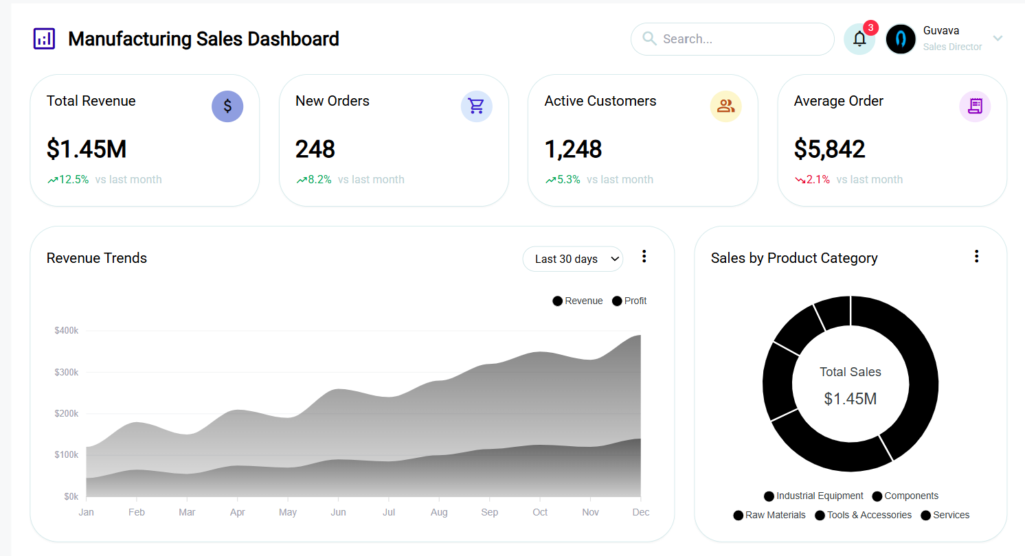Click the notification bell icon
click(859, 39)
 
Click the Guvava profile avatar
click(901, 39)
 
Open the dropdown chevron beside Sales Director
click(998, 38)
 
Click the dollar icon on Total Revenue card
click(227, 106)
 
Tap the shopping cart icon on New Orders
click(476, 106)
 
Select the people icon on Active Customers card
click(725, 106)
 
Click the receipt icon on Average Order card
click(975, 106)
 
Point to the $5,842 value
click(829, 149)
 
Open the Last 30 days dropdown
click(573, 259)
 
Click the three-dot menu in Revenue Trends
click(644, 257)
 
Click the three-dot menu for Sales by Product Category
click(976, 257)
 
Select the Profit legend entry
click(629, 301)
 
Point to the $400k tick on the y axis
click(67, 331)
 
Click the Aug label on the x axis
click(439, 512)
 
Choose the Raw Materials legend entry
click(769, 515)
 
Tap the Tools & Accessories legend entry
click(864, 515)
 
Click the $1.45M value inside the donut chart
click(850, 399)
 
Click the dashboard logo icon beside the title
click(44, 38)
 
